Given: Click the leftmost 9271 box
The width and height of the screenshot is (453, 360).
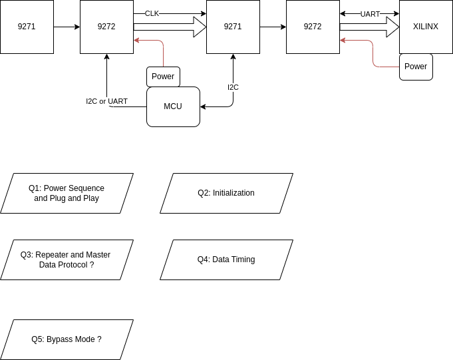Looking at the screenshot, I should (x=27, y=27).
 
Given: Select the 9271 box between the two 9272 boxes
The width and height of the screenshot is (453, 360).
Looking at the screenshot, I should (x=233, y=27).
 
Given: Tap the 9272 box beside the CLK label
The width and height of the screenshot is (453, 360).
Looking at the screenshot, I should (x=106, y=27).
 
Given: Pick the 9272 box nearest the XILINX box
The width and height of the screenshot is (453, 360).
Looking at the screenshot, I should (x=313, y=27).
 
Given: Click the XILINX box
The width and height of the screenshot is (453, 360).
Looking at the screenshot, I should (x=426, y=27).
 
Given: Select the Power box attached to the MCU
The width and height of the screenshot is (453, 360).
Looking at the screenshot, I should (x=163, y=77).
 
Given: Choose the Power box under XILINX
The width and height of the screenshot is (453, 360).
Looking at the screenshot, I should (x=416, y=67).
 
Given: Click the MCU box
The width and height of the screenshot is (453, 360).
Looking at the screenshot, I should (x=173, y=106).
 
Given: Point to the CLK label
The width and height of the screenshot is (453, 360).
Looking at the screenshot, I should (x=152, y=13).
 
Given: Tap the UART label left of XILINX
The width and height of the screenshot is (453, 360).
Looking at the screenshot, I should (x=370, y=14).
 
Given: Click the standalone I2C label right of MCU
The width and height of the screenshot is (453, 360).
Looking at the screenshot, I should (x=233, y=87).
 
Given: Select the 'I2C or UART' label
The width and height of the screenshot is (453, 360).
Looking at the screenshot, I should (x=106, y=101).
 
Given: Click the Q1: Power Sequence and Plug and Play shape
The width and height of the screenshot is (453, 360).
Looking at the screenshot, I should (x=67, y=193).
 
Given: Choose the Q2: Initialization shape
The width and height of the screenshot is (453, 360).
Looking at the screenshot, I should (x=226, y=193).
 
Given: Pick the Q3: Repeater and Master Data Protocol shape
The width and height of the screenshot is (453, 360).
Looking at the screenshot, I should (x=67, y=260).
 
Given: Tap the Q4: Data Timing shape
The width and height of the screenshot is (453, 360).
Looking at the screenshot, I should (x=226, y=260).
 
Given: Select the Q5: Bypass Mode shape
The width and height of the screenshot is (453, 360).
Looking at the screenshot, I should (x=67, y=339).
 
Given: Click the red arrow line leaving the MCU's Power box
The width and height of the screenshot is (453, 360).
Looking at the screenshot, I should (x=163, y=53).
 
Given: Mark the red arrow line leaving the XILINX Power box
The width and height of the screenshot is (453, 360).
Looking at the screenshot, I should (x=372, y=53).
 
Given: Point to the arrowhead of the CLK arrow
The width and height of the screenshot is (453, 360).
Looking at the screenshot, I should (x=136, y=40).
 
